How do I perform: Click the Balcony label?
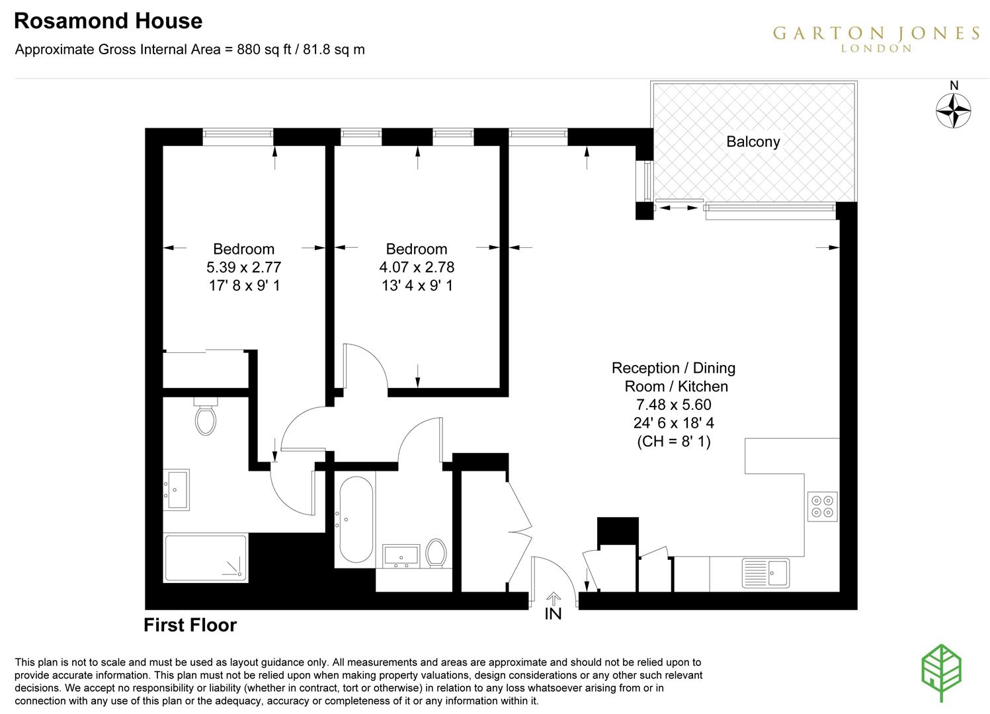(x=753, y=141)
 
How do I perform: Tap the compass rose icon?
(x=954, y=110)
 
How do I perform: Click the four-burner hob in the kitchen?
(x=823, y=506)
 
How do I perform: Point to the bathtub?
(x=356, y=520)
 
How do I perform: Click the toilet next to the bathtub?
(x=436, y=553)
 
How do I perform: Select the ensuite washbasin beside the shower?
(x=177, y=489)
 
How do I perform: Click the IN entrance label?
(x=553, y=614)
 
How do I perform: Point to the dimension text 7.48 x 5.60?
(x=673, y=405)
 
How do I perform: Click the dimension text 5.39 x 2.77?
(x=243, y=267)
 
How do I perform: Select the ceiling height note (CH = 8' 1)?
(x=673, y=442)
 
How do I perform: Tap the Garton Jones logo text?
(x=876, y=35)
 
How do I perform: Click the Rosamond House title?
(x=108, y=21)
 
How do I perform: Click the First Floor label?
(x=190, y=625)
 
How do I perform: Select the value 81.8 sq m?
(x=334, y=50)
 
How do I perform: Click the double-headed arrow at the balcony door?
(x=679, y=208)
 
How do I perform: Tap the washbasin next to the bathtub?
(x=401, y=556)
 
